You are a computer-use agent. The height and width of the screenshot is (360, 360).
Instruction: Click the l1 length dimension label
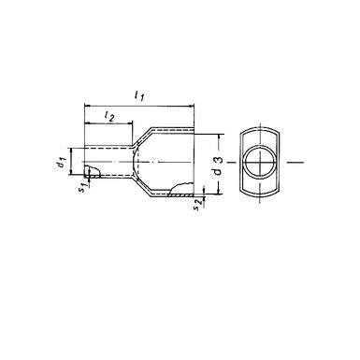(141, 94)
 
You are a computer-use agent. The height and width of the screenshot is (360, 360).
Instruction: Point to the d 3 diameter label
(218, 165)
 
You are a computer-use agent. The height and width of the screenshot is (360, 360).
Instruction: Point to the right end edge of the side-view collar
(194, 165)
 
